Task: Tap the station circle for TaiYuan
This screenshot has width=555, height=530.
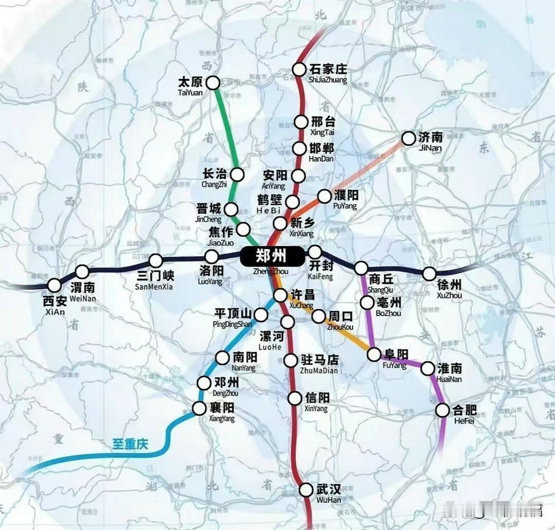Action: [212, 82]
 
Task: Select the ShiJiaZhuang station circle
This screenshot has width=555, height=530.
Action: [299, 69]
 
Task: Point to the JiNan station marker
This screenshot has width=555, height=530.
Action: [408, 138]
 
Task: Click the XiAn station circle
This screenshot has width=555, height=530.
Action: [55, 285]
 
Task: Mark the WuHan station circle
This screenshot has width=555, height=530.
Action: [307, 489]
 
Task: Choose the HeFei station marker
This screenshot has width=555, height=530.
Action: [442, 410]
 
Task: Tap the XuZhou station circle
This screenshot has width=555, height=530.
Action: [429, 274]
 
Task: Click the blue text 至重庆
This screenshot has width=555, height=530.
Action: [130, 444]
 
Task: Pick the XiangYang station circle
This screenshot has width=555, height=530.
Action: [199, 409]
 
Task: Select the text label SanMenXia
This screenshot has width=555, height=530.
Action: [155, 287]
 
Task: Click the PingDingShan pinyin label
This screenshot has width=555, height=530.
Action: [232, 324]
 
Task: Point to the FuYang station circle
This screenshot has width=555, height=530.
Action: [374, 355]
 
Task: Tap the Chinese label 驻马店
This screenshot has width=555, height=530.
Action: [319, 360]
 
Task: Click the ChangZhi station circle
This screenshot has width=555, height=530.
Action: [237, 174]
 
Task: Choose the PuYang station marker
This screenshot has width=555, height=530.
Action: [325, 196]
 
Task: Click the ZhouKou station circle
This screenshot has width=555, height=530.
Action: [319, 316]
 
